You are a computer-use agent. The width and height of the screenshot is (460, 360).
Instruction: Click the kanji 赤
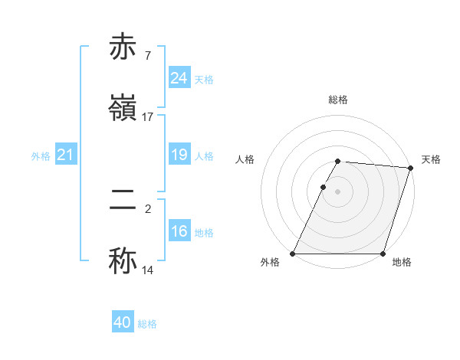tap(124, 47)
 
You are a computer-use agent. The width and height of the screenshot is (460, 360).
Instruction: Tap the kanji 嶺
tap(124, 106)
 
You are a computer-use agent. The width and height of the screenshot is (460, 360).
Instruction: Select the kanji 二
tap(124, 200)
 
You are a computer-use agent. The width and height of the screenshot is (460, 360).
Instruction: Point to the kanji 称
tap(124, 260)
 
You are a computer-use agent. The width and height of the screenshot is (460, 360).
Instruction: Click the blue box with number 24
tap(179, 78)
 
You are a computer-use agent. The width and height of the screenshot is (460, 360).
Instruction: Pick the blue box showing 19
tap(179, 155)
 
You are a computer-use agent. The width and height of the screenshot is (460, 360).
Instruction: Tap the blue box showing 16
tap(179, 232)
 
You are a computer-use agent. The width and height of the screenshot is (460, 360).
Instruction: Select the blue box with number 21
tap(66, 155)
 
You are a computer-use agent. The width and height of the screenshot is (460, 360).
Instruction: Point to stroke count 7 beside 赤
tap(147, 56)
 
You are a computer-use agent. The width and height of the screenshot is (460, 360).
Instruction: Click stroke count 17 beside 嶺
tap(147, 117)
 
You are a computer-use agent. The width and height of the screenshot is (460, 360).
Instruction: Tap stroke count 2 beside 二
tap(148, 208)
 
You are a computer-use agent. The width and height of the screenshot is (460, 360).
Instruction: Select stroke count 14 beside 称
tap(147, 270)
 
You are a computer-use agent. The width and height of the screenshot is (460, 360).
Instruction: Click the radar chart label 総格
tap(338, 100)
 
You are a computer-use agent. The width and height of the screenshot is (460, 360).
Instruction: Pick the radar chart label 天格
tap(431, 159)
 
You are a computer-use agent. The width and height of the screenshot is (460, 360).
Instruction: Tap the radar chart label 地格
tap(402, 262)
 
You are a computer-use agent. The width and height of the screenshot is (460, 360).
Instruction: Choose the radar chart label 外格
tap(271, 262)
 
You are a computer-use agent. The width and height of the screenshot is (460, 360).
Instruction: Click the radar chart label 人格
tap(245, 159)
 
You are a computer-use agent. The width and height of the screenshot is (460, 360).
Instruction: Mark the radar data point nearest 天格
tap(411, 168)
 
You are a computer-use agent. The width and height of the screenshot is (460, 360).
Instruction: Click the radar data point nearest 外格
tap(293, 254)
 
